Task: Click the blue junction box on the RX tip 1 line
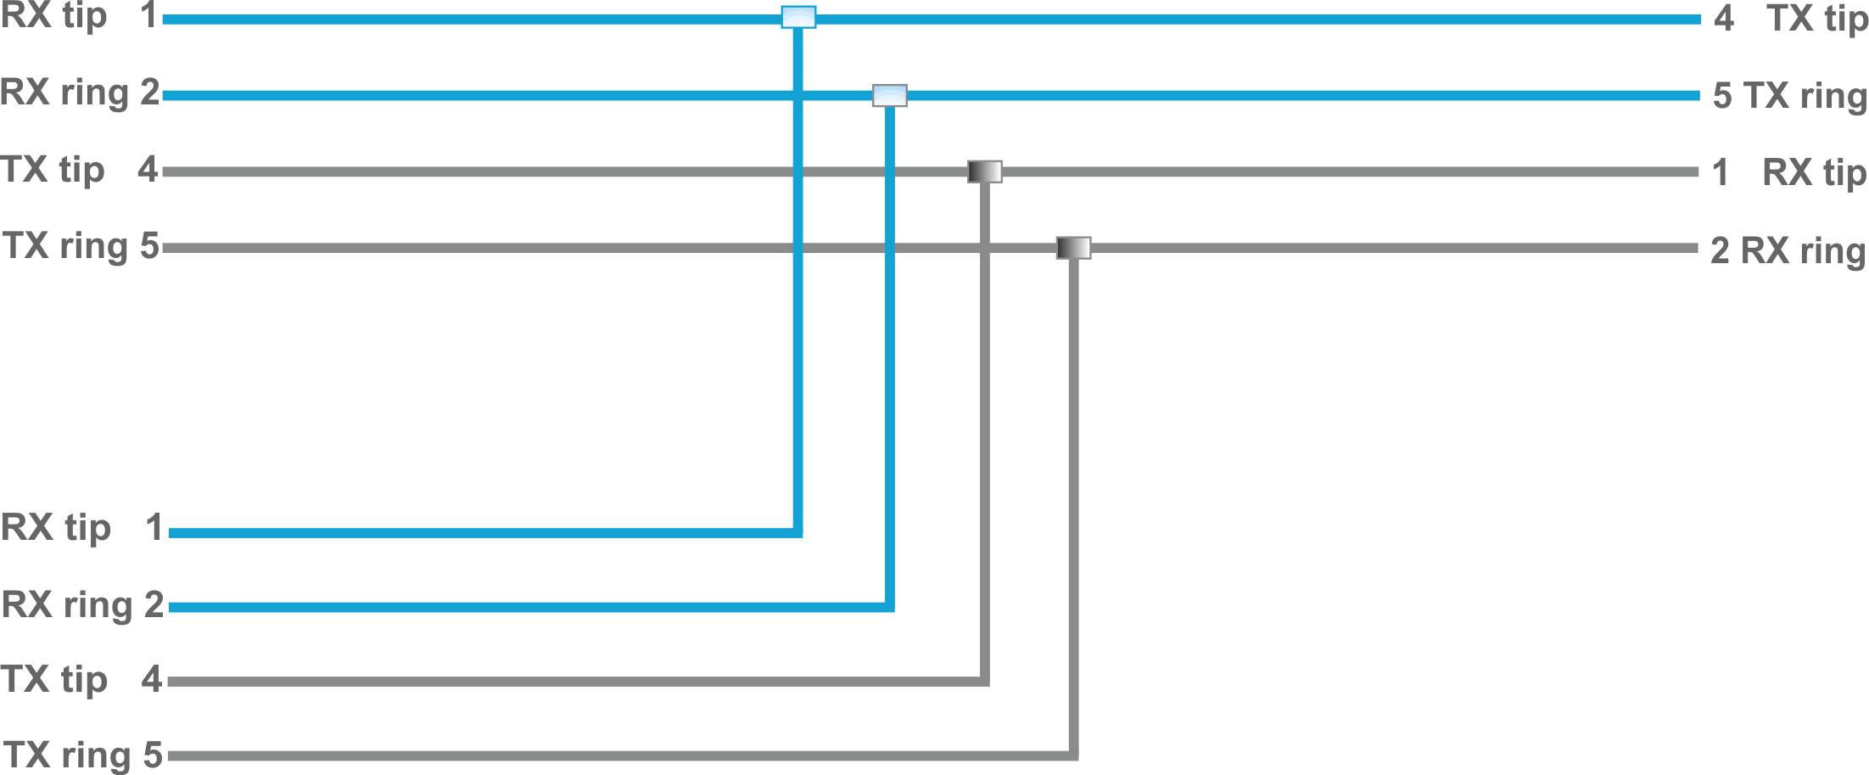click(798, 17)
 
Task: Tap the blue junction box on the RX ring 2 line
click(890, 95)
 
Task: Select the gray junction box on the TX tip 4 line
click(985, 171)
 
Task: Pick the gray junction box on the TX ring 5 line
click(1073, 248)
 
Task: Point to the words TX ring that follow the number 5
click(1805, 96)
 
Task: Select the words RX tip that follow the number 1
click(1814, 173)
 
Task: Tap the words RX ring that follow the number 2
click(1803, 251)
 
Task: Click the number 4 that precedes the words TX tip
click(1723, 19)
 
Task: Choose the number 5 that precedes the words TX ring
click(1722, 96)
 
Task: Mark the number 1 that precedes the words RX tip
click(1721, 173)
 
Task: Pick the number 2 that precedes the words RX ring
click(1721, 251)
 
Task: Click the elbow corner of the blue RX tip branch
click(797, 532)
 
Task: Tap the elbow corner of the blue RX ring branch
click(889, 607)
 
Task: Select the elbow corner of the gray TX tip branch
click(984, 681)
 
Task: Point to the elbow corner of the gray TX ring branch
click(1073, 755)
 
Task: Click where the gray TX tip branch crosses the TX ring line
click(984, 248)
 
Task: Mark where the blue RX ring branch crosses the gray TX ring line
click(889, 248)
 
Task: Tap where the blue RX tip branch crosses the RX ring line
click(797, 96)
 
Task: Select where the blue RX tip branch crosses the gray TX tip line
click(797, 171)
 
